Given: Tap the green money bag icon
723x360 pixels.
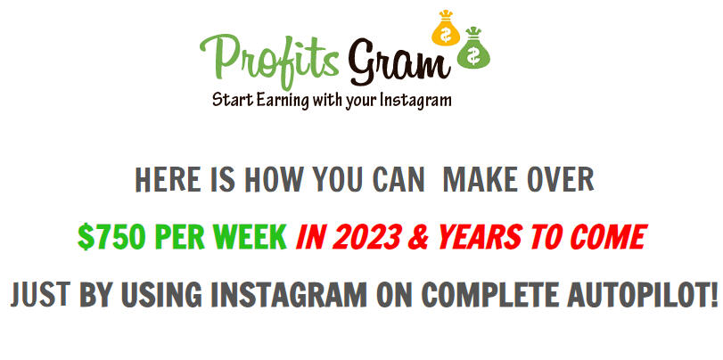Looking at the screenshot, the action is pos(473,48).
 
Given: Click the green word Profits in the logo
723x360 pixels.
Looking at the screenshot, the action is pos(270,60).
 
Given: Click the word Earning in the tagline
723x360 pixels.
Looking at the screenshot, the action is pos(283,100).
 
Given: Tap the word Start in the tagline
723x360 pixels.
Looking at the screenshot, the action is pos(232,100).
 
